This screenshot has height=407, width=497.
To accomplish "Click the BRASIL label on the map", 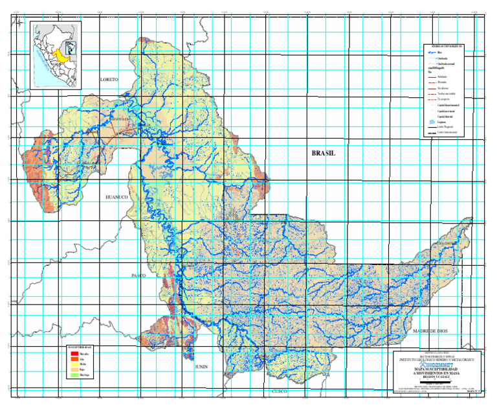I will pyautogui.click(x=324, y=154).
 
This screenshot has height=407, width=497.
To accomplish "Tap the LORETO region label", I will pyautogui.click(x=109, y=79).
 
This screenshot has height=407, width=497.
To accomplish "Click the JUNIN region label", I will pyautogui.click(x=201, y=366).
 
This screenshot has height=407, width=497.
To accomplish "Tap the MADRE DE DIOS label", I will pyautogui.click(x=426, y=331).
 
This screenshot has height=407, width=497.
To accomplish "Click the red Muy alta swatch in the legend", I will pyautogui.click(x=72, y=354).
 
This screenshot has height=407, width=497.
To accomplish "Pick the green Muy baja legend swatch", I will pyautogui.click(x=72, y=376).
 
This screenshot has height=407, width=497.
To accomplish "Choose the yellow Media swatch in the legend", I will pyautogui.click(x=72, y=365).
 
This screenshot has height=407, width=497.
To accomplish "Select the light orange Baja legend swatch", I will pyautogui.click(x=72, y=371).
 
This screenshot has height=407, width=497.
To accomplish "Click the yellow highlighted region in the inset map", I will pyautogui.click(x=63, y=56).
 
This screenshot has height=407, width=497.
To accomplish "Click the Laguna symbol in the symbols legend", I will pyautogui.click(x=431, y=121).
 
